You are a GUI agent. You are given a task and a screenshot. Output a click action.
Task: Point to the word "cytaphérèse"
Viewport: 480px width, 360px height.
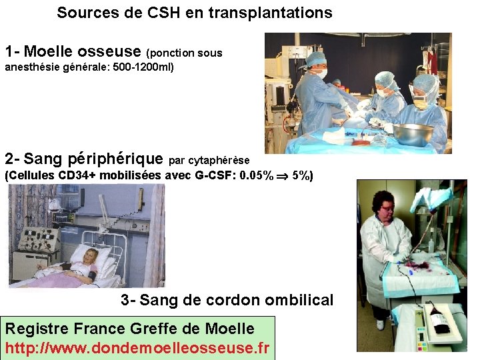click(x=219, y=161)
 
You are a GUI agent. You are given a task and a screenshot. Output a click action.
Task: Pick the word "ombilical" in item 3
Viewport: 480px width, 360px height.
click(x=299, y=300)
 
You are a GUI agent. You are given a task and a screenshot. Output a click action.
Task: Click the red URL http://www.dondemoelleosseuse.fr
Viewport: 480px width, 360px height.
click(x=137, y=347)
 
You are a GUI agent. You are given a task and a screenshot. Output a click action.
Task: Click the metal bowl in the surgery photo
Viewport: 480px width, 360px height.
click(x=413, y=134)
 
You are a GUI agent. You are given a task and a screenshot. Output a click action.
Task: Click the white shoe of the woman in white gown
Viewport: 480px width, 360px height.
click(x=379, y=324)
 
